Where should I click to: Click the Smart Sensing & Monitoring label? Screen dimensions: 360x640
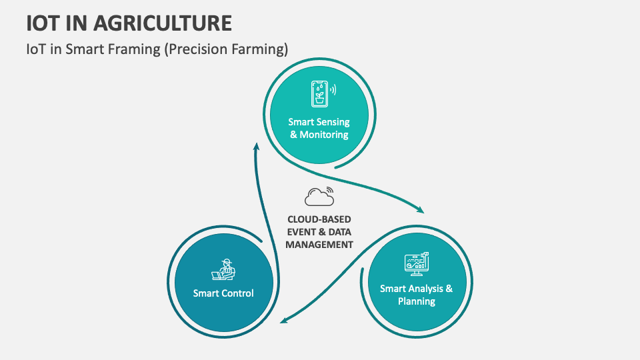[318, 128]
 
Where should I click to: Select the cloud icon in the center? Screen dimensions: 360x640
[319, 197]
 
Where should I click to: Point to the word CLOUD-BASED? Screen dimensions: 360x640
[319, 219]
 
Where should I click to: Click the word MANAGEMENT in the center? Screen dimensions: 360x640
[319, 245]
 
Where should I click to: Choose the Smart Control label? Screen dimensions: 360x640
[223, 293]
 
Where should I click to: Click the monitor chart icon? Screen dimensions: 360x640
[416, 264]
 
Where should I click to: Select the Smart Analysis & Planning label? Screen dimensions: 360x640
[416, 295]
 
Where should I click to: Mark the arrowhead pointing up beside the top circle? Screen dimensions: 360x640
[256, 146]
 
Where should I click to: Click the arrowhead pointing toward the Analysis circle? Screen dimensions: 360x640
[420, 210]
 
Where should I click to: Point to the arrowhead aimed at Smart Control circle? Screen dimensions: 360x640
[283, 321]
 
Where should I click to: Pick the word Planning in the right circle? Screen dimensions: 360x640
[416, 301]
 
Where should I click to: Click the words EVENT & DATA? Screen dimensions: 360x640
[319, 232]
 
